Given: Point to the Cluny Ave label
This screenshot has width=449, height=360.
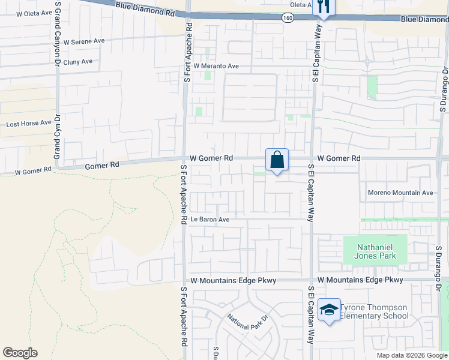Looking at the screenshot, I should [x=79, y=61].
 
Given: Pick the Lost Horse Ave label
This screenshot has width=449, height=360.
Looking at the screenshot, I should [x=28, y=124].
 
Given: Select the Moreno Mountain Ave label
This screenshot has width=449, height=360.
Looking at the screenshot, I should [x=400, y=193].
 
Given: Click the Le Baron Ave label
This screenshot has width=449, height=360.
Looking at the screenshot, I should [x=210, y=220].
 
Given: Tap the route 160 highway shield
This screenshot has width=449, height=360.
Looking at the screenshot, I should [x=288, y=18].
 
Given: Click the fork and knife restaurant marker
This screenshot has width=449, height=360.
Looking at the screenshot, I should [x=323, y=7].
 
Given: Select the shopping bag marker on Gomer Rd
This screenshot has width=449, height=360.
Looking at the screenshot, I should [x=277, y=160].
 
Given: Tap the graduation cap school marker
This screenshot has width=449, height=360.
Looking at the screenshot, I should [x=329, y=310].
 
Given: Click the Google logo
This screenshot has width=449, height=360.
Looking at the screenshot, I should [x=20, y=353].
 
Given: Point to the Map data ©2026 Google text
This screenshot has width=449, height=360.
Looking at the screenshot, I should [x=412, y=355].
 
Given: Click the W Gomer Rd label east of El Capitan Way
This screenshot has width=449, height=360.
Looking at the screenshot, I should [x=339, y=158].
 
